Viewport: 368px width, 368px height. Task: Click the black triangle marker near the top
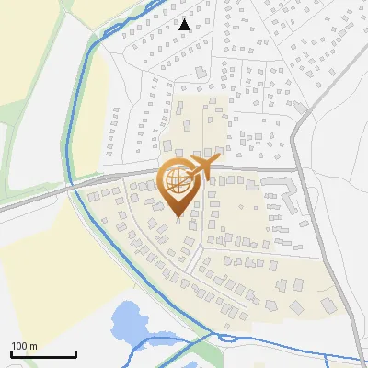tap(185, 25)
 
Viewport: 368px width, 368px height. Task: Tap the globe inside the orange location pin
tap(178, 181)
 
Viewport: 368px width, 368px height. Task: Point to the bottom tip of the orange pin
tap(178, 217)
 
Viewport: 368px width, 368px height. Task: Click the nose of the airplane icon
tap(219, 158)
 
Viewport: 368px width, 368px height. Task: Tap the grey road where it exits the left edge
tap(3, 211)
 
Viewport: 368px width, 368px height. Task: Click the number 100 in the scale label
tap(18, 345)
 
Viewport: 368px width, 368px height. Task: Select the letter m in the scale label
tap(32, 345)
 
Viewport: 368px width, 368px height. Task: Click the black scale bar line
tap(42, 355)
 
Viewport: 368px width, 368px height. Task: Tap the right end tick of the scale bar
tap(75, 353)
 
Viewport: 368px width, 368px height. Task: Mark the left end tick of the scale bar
tap(10, 353)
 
